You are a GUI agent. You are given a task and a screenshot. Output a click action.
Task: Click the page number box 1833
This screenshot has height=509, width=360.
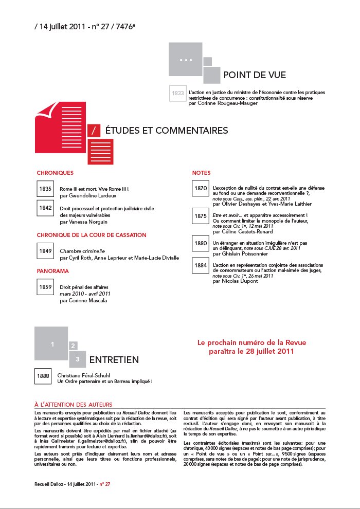point(178,94)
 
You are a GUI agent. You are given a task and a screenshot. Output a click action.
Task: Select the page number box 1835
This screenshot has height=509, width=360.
point(45,189)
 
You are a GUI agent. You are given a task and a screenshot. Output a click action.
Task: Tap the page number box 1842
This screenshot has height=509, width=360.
point(45,208)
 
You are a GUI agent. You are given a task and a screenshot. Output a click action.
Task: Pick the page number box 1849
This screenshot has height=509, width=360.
point(45,251)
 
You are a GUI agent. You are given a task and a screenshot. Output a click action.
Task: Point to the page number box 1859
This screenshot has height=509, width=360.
point(45,287)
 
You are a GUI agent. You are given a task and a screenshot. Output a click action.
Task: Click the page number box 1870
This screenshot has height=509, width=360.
point(201,189)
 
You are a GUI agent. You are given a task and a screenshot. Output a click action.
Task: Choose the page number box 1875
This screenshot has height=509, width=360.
point(201,216)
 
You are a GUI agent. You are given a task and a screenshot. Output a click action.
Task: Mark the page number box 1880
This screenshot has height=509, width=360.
point(201,243)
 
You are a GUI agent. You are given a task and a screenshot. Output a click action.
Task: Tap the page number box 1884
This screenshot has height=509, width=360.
point(201,265)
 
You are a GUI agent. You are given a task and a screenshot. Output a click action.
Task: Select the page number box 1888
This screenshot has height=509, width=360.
point(43,376)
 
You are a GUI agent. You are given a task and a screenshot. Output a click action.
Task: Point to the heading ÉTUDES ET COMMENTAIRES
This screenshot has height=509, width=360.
point(166,131)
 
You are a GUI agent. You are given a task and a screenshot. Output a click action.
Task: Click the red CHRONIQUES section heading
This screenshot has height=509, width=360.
point(55,173)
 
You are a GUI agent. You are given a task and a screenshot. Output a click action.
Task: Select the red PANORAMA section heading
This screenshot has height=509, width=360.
point(53,270)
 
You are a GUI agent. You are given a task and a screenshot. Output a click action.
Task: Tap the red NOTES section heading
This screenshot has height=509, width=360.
point(201,173)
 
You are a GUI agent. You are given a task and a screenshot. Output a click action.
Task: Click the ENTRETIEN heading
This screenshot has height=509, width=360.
point(114,359)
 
